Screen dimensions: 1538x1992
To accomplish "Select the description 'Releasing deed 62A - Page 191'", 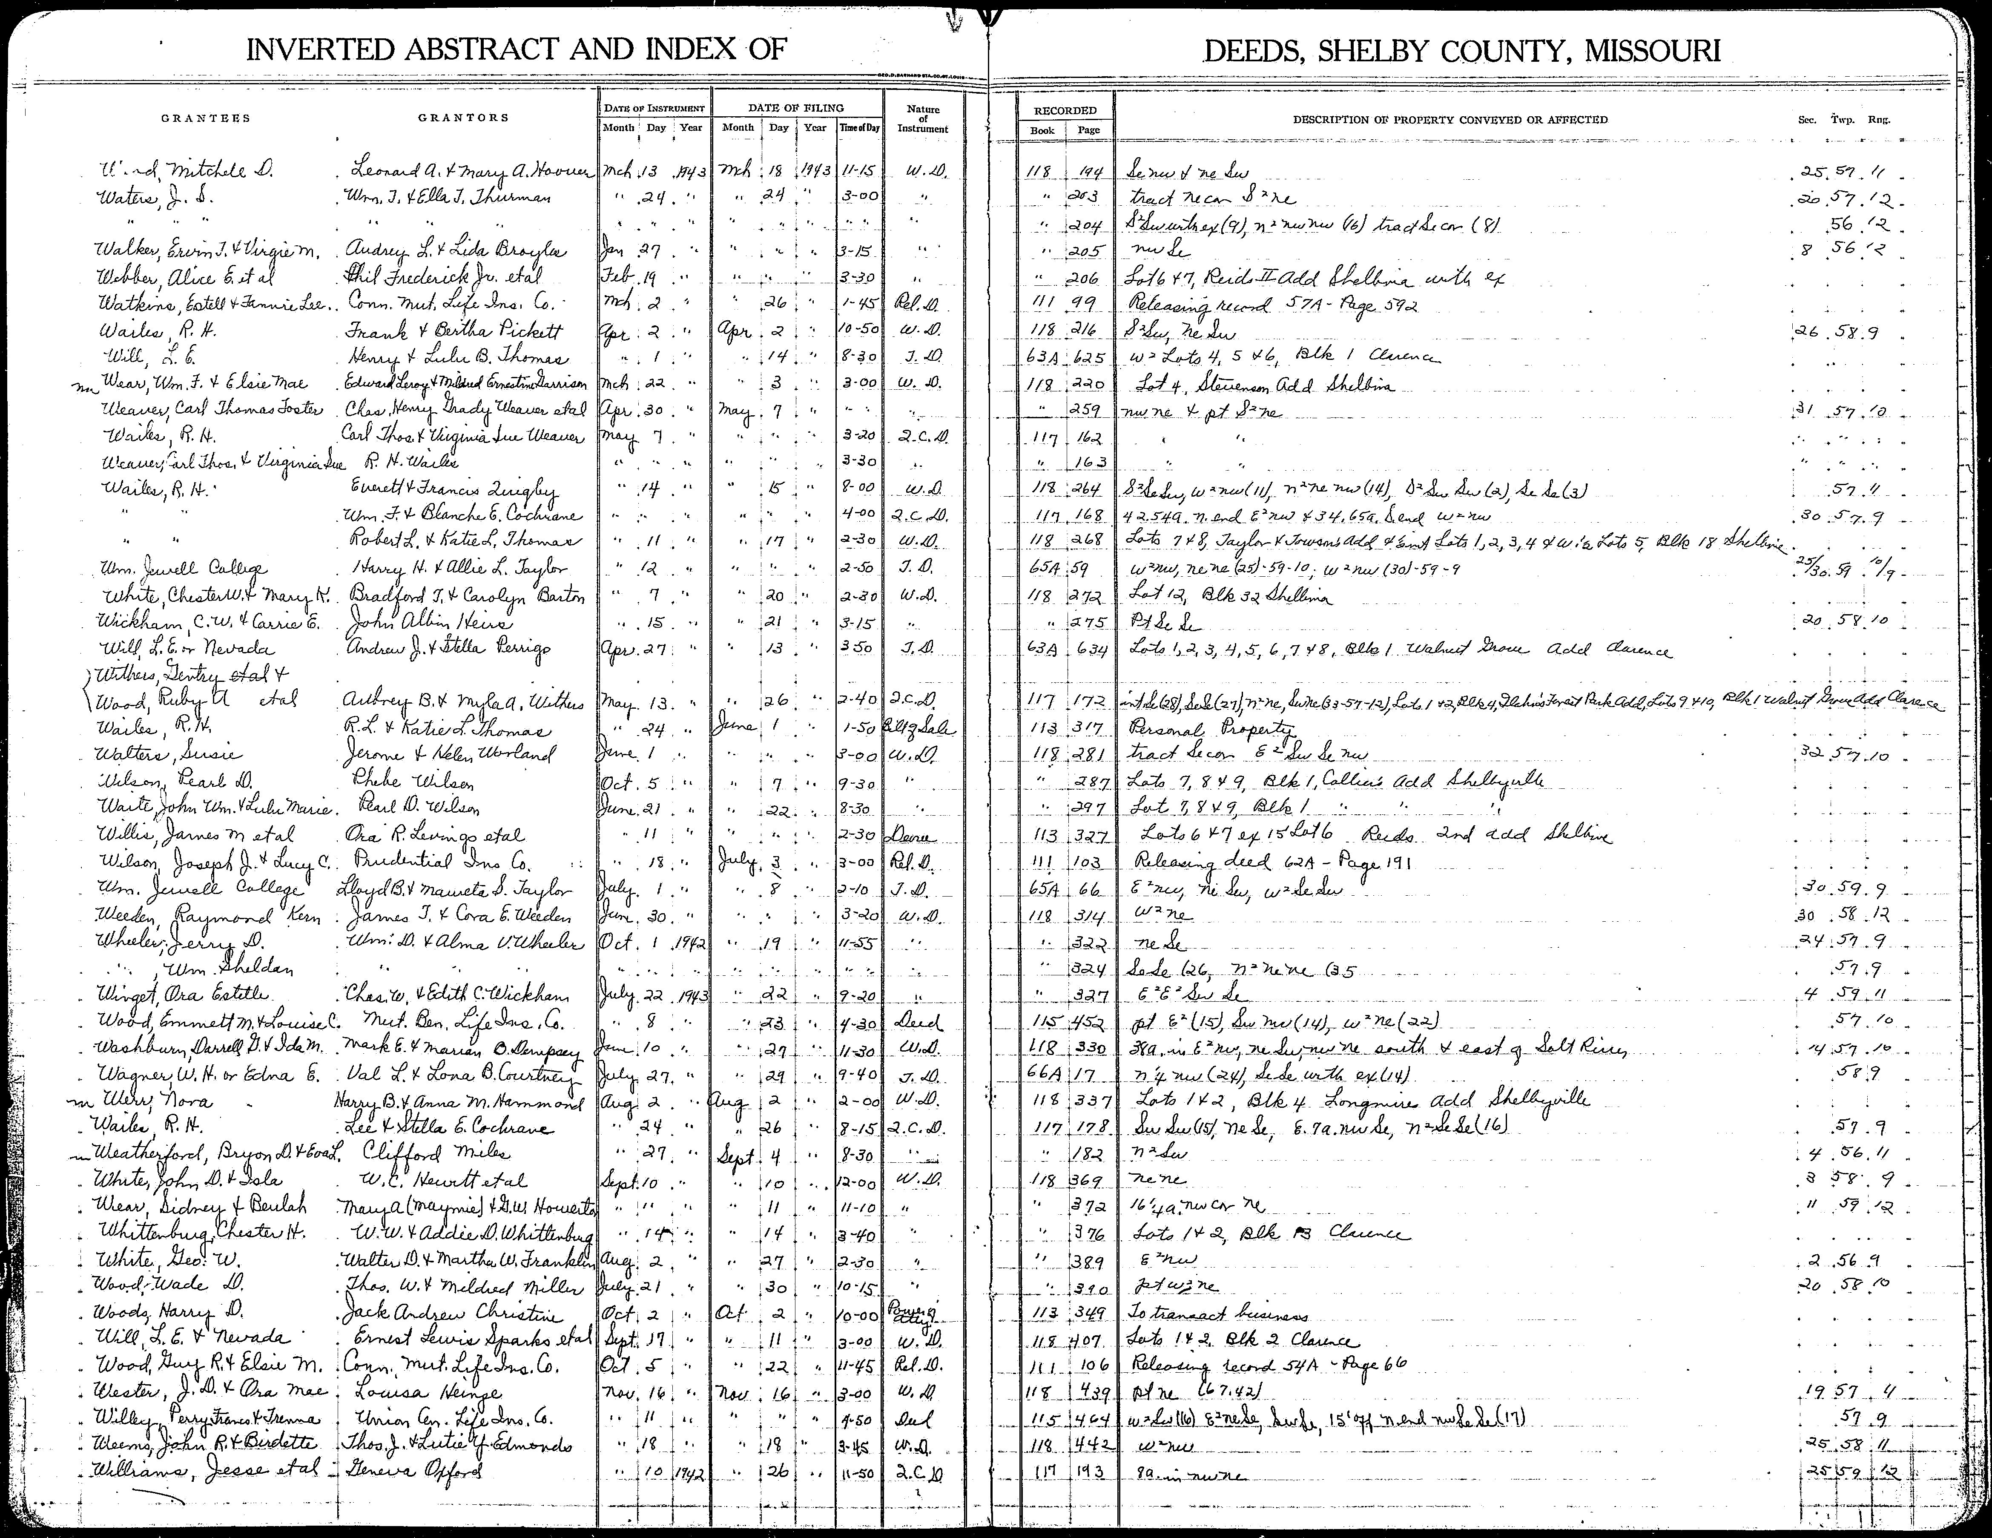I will click(1260, 863).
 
